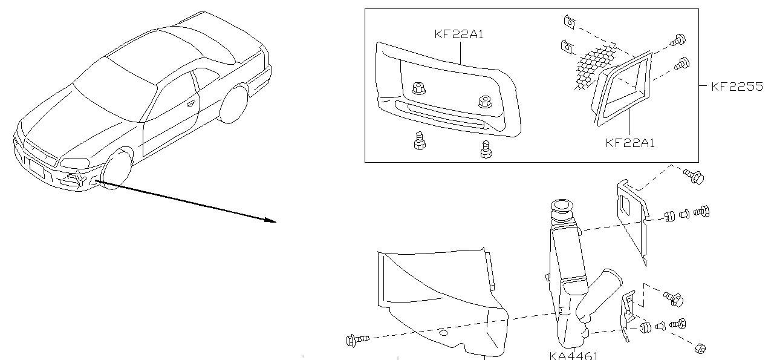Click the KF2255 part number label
737,87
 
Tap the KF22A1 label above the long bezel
459,34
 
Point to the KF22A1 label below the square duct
630,143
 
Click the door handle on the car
192,103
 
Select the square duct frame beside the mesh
623,88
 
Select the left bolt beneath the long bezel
417,143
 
